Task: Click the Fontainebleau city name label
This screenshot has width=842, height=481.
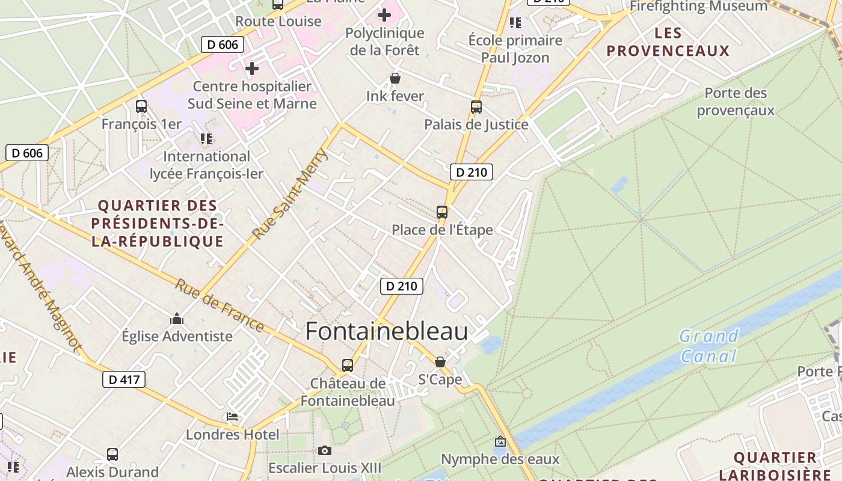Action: pos(386,331)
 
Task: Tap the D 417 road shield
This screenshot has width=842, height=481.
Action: pos(124,379)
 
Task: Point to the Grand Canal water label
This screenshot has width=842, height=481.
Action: pos(708,346)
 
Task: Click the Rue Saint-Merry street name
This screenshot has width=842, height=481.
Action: pos(290,194)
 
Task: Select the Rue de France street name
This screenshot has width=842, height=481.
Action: pos(220,305)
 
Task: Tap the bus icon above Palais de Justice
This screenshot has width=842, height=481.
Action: pos(476,107)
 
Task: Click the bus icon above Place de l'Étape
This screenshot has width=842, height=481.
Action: pos(441,212)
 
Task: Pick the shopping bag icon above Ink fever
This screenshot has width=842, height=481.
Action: pos(395,78)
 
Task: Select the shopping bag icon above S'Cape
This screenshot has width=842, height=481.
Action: pos(440,361)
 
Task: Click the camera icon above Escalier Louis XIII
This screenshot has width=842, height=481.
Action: pos(325,450)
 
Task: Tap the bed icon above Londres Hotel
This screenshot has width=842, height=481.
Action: pos(232,416)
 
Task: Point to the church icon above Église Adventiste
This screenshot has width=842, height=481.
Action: pos(177,318)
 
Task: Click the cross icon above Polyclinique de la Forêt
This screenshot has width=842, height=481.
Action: pos(384,15)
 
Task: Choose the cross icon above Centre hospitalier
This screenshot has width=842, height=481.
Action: pos(252,69)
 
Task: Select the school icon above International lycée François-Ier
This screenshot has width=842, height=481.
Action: pos(206,139)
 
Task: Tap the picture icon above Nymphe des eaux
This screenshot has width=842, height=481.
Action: pos(500,442)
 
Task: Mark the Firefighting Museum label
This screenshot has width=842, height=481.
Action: pos(698,7)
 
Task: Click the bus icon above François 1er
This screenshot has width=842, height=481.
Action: pos(141,106)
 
